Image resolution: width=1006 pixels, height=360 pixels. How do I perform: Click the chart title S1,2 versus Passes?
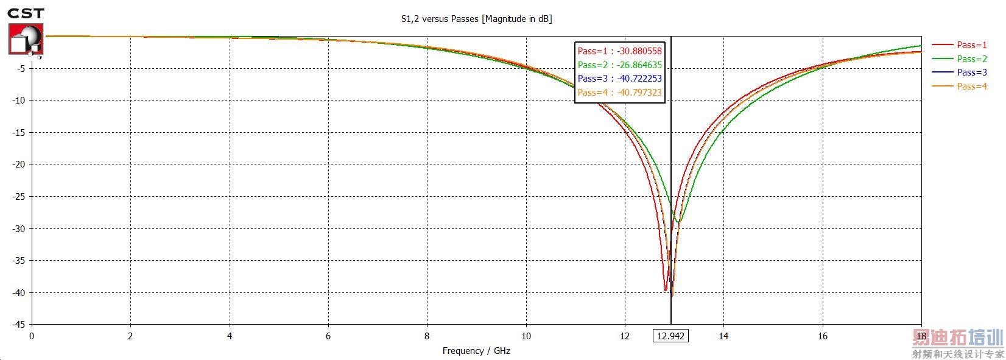click(476, 19)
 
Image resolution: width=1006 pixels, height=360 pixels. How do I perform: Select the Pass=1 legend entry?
click(971, 44)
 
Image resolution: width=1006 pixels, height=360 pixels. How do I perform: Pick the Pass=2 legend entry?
click(971, 58)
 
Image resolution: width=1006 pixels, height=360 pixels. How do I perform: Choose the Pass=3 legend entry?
click(971, 72)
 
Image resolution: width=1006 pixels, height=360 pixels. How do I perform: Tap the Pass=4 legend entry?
click(971, 86)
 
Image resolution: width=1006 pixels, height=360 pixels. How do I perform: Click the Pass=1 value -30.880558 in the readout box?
click(619, 51)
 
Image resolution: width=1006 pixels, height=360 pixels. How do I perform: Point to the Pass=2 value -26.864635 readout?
click(619, 65)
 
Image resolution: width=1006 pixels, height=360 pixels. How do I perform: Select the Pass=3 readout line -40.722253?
click(619, 79)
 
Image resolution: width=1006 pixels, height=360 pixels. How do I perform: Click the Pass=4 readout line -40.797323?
click(619, 93)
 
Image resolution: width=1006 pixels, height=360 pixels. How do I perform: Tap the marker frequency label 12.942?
click(670, 336)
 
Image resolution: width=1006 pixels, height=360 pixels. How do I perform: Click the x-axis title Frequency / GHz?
click(476, 351)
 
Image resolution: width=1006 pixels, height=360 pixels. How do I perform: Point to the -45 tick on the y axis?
click(19, 325)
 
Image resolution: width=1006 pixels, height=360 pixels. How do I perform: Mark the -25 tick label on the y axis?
click(19, 196)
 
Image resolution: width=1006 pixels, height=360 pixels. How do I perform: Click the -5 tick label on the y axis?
click(21, 68)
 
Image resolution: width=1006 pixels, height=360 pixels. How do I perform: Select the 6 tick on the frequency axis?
click(328, 336)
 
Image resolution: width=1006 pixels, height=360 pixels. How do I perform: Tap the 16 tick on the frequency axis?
click(822, 336)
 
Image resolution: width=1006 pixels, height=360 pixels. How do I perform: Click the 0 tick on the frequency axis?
click(32, 336)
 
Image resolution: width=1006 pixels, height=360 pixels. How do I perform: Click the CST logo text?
click(26, 13)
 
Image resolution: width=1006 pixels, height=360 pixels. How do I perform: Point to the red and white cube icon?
click(26, 40)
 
